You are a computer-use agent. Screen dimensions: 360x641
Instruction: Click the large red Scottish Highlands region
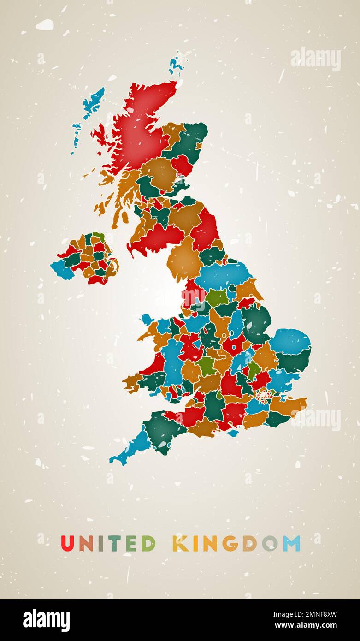tap(138, 129)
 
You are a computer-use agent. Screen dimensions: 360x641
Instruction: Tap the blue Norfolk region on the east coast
tap(289, 341)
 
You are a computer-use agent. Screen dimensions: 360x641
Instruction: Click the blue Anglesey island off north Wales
tap(147, 319)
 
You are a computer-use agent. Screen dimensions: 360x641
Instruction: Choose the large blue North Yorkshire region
tap(221, 276)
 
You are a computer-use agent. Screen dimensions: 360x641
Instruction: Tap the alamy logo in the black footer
tap(47, 620)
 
